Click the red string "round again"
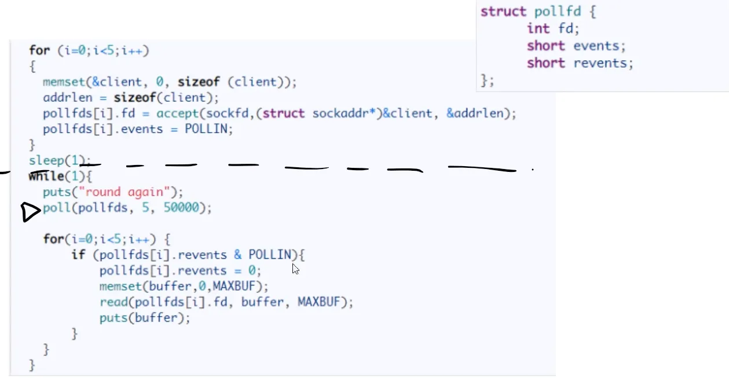click(x=128, y=192)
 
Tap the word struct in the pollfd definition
click(x=503, y=12)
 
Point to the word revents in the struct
click(x=603, y=63)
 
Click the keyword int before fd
click(x=538, y=28)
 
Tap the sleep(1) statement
click(x=60, y=160)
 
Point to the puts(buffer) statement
click(x=145, y=318)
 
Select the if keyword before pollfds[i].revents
click(x=78, y=255)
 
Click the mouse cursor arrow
click(x=295, y=269)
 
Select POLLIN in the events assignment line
click(x=208, y=129)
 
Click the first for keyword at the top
click(x=39, y=51)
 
